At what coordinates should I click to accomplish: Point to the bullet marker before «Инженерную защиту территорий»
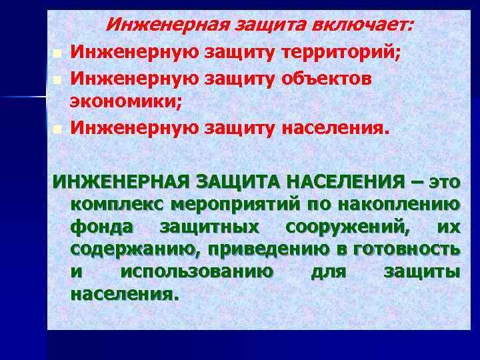click(58, 53)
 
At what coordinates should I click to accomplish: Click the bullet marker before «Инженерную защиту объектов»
click(58, 80)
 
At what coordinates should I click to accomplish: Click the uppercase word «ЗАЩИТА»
click(233, 181)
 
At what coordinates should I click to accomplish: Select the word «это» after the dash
click(444, 181)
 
